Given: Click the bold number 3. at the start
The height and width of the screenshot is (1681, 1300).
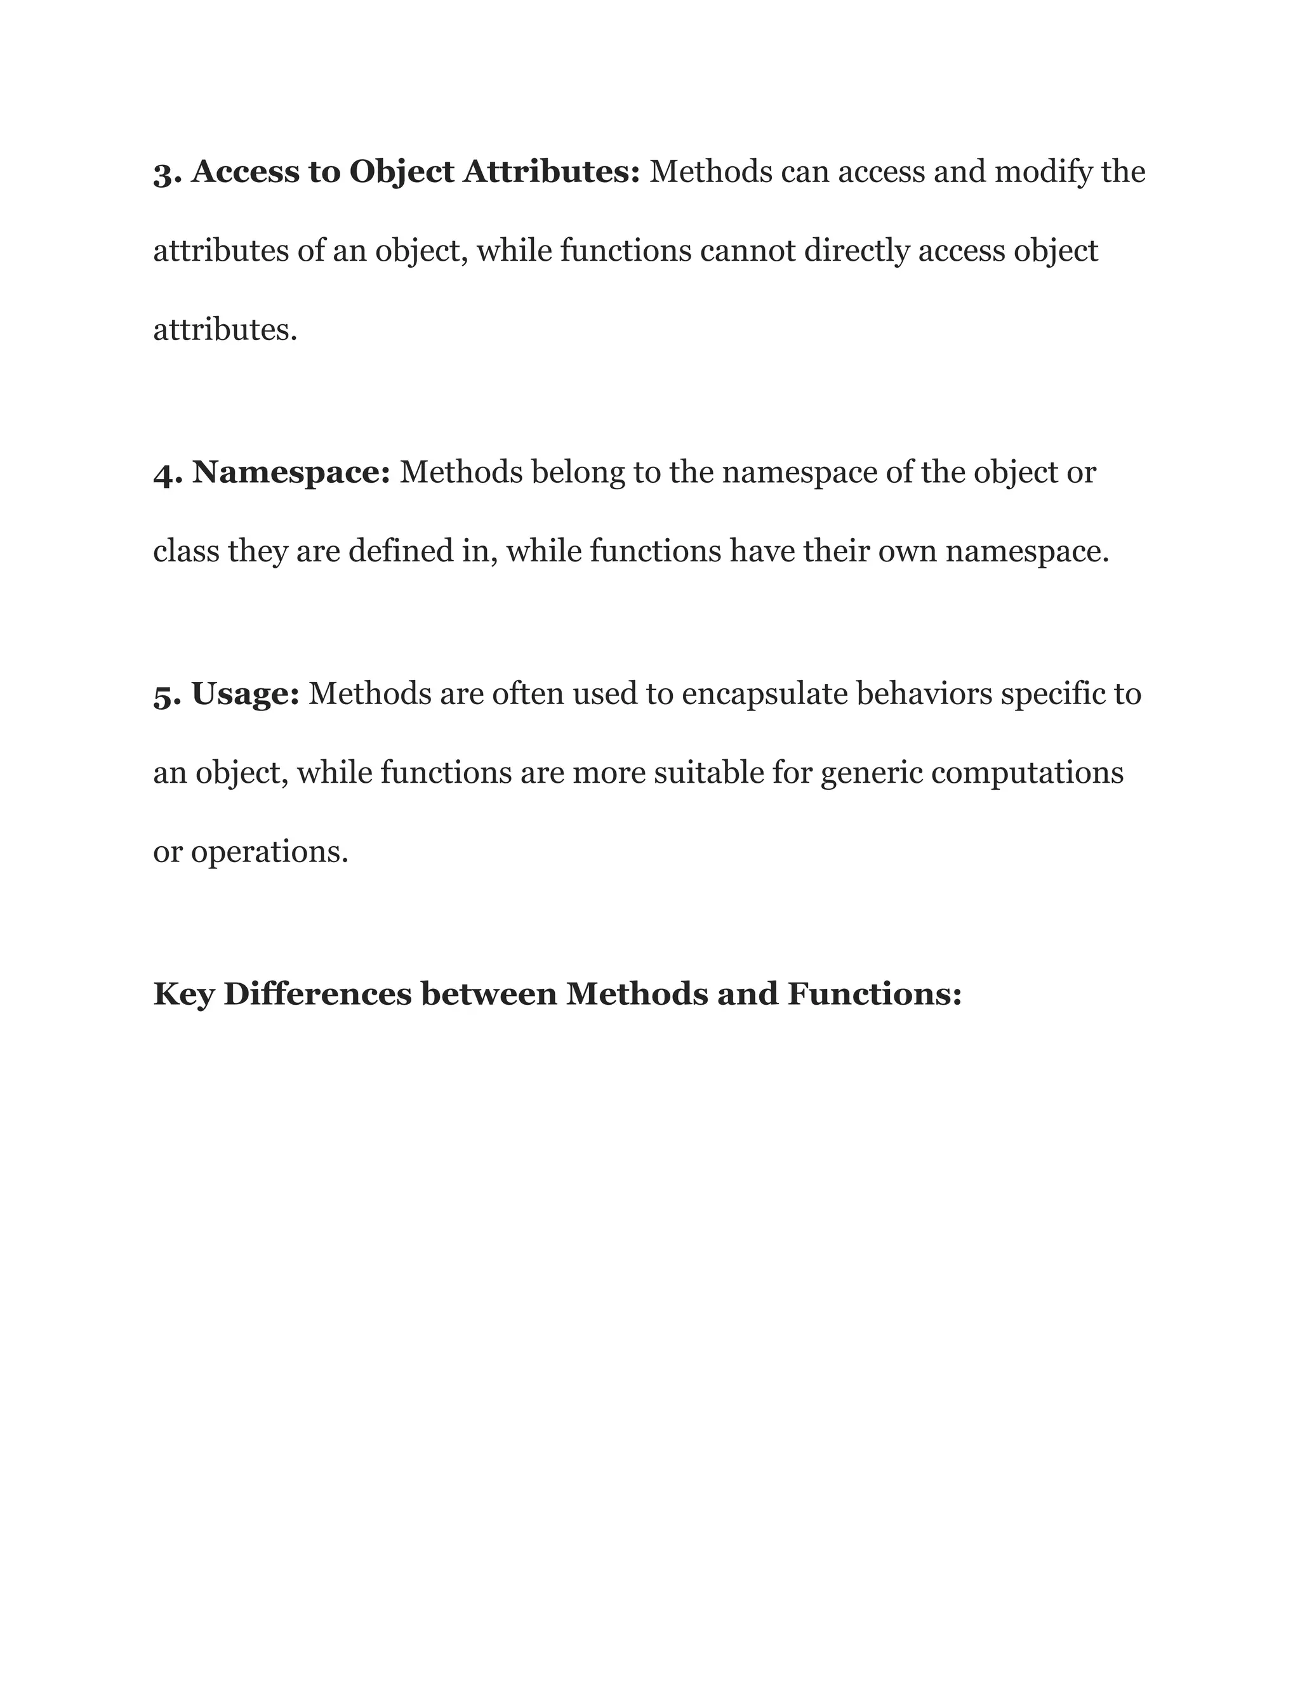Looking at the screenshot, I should (167, 173).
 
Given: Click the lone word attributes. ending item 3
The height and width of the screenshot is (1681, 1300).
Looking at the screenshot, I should (225, 330).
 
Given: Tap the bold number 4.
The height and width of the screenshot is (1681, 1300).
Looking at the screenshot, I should (167, 473).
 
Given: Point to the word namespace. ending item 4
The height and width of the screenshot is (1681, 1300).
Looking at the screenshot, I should (1026, 552).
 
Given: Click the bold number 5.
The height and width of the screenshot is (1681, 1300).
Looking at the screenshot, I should (167, 695).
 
